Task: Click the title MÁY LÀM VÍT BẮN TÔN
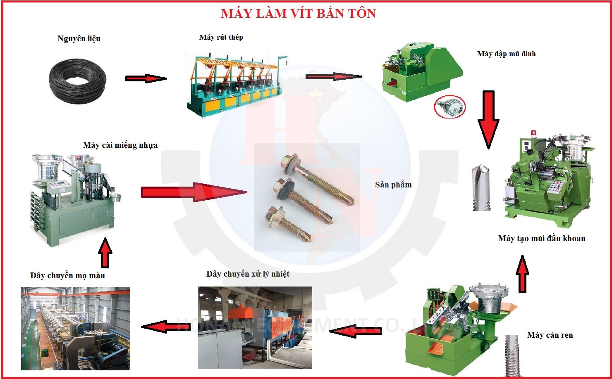click(298, 14)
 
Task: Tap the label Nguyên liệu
click(79, 39)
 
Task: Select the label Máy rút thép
click(221, 38)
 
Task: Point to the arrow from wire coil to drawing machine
click(146, 78)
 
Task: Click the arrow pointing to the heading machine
click(333, 76)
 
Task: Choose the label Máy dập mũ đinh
click(506, 54)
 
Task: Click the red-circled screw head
click(449, 107)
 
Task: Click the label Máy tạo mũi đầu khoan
click(542, 238)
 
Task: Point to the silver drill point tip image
click(481, 188)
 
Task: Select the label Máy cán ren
click(550, 335)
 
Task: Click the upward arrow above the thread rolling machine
click(523, 274)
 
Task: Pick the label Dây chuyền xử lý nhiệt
click(248, 274)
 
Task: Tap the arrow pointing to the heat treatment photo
click(356, 331)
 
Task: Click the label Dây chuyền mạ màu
click(67, 275)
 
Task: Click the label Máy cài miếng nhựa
click(120, 145)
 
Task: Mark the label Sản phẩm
click(393, 185)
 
